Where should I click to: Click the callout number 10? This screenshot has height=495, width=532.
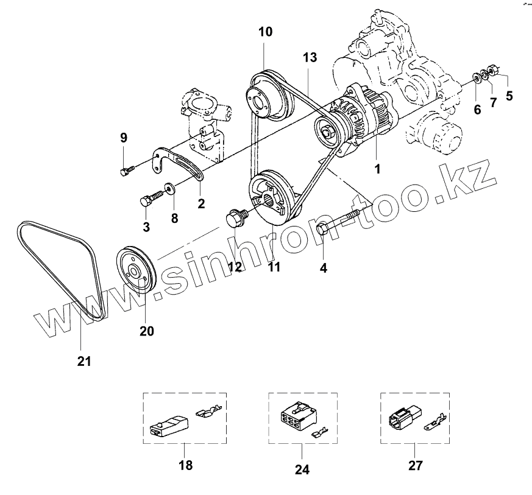265,32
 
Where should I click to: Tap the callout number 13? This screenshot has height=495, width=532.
310,58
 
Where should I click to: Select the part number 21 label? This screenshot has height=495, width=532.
83,361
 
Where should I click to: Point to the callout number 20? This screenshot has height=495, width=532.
147,331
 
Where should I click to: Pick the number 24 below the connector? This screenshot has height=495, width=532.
302,469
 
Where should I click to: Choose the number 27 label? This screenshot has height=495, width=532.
414,466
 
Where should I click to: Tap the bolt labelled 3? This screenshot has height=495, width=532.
149,200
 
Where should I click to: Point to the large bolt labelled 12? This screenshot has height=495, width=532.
235,219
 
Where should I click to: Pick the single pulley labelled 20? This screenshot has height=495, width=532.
137,270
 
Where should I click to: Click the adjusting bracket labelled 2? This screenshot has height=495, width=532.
183,164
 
